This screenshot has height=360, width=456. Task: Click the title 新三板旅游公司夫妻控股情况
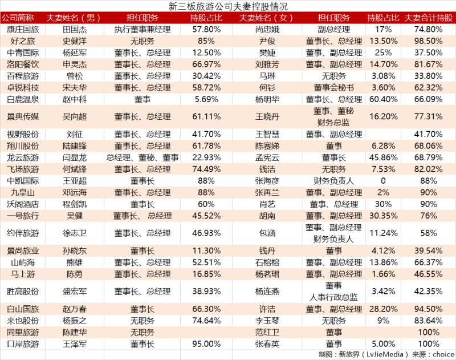point(227,7)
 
